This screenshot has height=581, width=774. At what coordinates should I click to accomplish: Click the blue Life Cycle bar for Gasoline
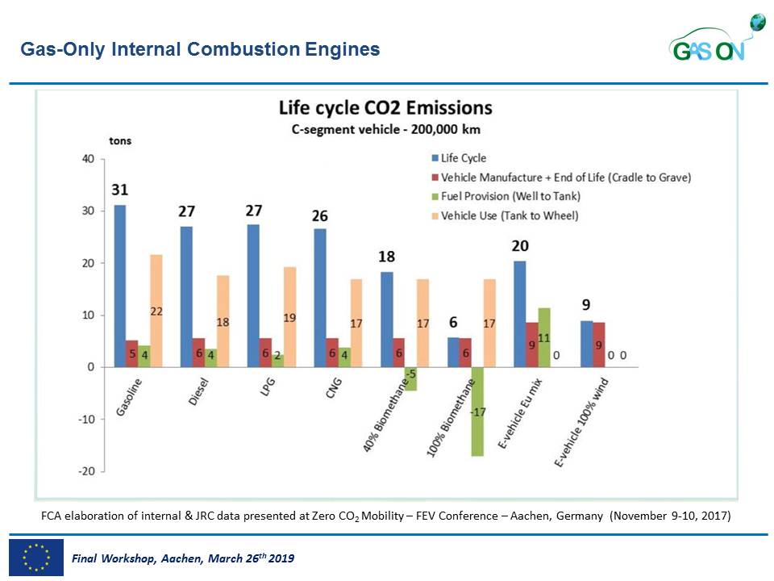pos(119,286)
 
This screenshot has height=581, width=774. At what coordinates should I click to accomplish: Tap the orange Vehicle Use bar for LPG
pos(289,317)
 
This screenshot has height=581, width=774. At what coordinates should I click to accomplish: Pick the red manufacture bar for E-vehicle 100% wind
pos(598,345)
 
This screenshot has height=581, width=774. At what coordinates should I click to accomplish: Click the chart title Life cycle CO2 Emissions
pos(385,108)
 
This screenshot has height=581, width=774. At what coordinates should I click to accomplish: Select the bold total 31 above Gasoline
pos(119,190)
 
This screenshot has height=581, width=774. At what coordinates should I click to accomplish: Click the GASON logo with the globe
pos(716,40)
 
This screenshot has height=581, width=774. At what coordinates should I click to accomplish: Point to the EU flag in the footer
pos(36,557)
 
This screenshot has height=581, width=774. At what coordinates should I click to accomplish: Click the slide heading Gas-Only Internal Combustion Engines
pos(200,50)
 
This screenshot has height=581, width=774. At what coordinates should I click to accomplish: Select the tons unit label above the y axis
pos(120,141)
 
